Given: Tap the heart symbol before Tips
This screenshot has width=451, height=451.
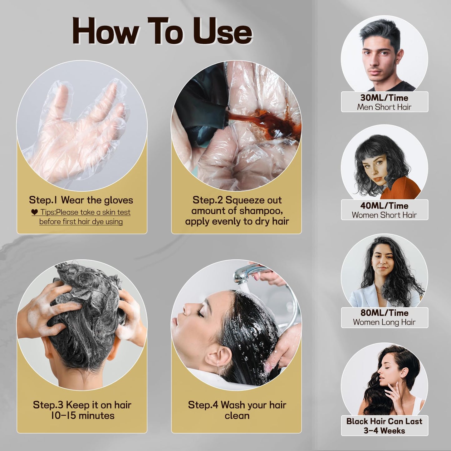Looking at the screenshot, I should [x=35, y=212].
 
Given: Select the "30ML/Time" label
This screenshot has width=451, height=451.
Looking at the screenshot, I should [x=384, y=98].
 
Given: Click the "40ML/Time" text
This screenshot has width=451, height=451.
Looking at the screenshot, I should [x=384, y=206].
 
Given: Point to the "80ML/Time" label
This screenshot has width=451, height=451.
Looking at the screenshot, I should [x=384, y=313].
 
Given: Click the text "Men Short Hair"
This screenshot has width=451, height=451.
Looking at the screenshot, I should [x=384, y=107].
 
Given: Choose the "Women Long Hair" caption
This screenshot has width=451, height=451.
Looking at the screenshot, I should [x=384, y=322].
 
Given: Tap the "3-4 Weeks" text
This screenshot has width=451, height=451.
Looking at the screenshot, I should [x=384, y=431].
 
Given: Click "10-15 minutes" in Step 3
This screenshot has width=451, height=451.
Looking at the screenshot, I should [x=83, y=415].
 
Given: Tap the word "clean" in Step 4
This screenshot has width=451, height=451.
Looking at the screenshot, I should [x=237, y=415].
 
